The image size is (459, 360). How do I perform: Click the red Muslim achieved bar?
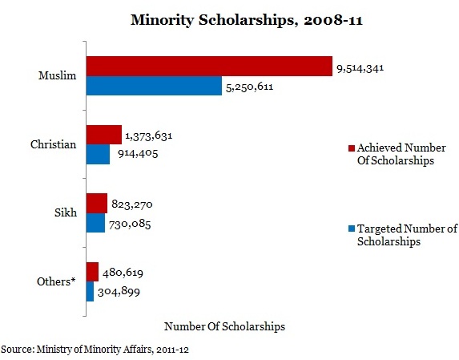coord(209,67)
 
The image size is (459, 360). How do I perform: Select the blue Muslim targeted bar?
coord(154,86)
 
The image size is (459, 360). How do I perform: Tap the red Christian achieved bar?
coord(104,135)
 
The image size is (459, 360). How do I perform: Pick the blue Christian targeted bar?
coord(98,154)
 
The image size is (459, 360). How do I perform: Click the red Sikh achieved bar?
coord(97,204)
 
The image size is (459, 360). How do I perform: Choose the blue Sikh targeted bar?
coord(95,223)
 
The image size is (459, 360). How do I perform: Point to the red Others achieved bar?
coord(92,272)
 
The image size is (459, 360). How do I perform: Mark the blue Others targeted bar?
coord(91,291)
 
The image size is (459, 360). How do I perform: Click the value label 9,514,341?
coord(360,68)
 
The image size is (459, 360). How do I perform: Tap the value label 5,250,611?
coord(250,87)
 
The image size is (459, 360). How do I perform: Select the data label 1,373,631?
coord(149,136)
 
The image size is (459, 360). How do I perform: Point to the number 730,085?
coord(130,224)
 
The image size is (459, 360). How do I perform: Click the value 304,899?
coord(119,292)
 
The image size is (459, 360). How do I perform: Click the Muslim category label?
coord(58,75)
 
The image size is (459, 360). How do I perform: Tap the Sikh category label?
coord(66,212)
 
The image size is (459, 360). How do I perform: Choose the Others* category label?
coord(56,281)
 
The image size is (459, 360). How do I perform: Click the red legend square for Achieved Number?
coord(352,148)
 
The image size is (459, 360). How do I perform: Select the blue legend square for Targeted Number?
coord(352,229)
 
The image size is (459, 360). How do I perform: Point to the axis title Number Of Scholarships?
coord(225,326)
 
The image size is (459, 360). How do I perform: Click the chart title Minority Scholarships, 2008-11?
coord(247,20)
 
